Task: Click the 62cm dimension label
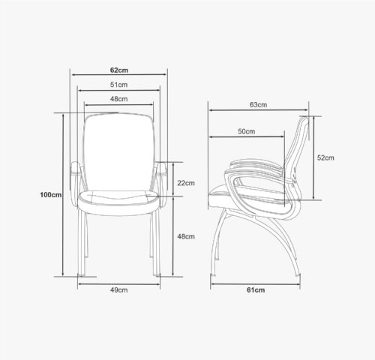[119, 70]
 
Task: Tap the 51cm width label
[119, 85]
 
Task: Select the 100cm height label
[51, 195]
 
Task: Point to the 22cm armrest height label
[186, 183]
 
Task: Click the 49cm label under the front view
[119, 290]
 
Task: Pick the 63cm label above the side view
[258, 105]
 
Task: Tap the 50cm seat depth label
[247, 131]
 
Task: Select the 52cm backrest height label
[325, 157]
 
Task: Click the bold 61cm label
[256, 290]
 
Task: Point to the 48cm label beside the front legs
[186, 236]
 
